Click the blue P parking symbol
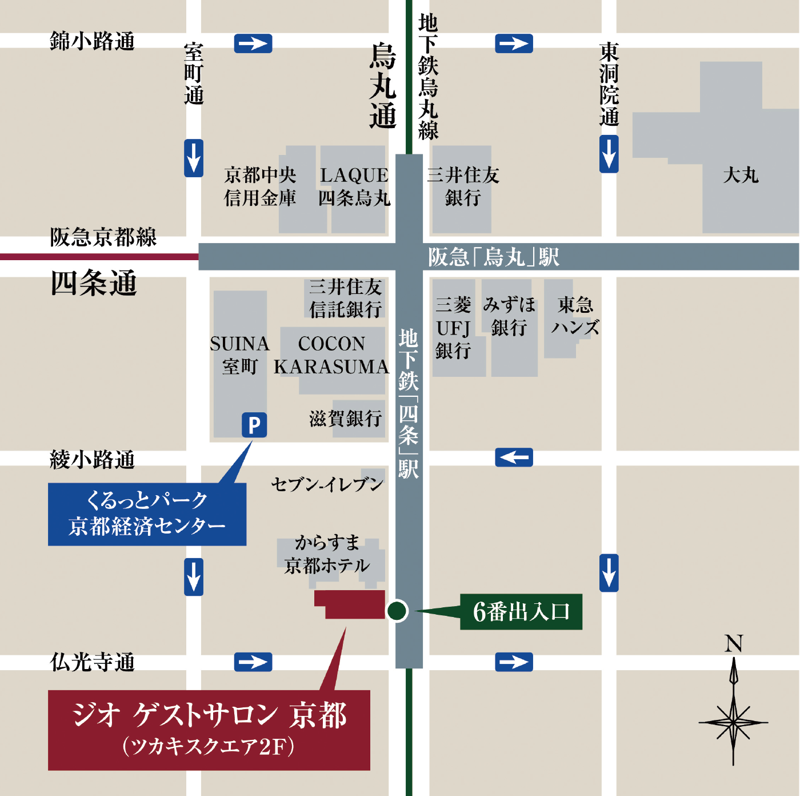pyautogui.click(x=254, y=425)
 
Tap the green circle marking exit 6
pyautogui.click(x=397, y=611)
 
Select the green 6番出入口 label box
pyautogui.click(x=521, y=612)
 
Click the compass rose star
pyautogui.click(x=733, y=722)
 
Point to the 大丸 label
pyautogui.click(x=741, y=175)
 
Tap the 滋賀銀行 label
pyautogui.click(x=346, y=419)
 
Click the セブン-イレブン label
pyautogui.click(x=327, y=484)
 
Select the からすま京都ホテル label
pyautogui.click(x=327, y=554)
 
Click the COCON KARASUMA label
pyautogui.click(x=331, y=355)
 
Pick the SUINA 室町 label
pyautogui.click(x=240, y=355)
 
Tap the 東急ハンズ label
pyautogui.click(x=575, y=316)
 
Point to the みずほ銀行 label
pyautogui.click(x=509, y=316)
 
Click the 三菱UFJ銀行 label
pyautogui.click(x=453, y=328)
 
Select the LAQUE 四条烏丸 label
pyautogui.click(x=354, y=186)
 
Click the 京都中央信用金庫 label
pyautogui.click(x=260, y=186)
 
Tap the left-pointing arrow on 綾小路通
pyautogui.click(x=514, y=457)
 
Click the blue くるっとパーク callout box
pyautogui.click(x=147, y=514)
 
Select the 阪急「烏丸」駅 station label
pyautogui.click(x=494, y=257)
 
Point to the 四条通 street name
pyautogui.click(x=94, y=283)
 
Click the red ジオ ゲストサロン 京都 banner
pyautogui.click(x=209, y=730)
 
